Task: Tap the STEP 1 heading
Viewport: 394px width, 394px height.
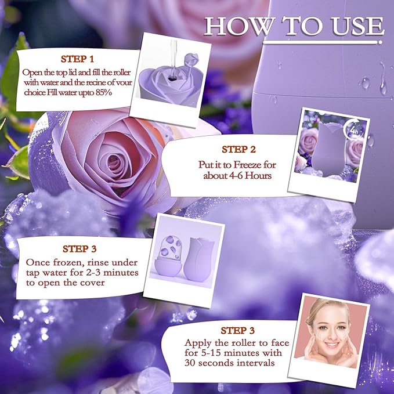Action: (78, 59)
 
